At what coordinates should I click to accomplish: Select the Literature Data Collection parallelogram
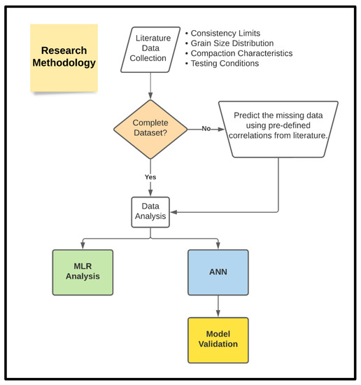click(149, 49)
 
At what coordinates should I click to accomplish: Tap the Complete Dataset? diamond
click(151, 128)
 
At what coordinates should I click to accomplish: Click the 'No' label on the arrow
click(206, 129)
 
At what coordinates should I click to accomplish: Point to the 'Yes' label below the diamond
click(150, 177)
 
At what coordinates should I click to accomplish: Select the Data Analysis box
click(151, 211)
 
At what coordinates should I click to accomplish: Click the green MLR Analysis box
click(82, 271)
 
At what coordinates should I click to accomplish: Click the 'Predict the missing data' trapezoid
click(278, 128)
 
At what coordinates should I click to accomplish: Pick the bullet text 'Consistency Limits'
click(225, 34)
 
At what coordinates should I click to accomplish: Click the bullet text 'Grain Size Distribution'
click(233, 43)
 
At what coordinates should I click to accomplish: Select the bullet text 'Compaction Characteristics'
click(241, 53)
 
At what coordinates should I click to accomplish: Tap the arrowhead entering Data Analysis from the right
click(174, 211)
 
